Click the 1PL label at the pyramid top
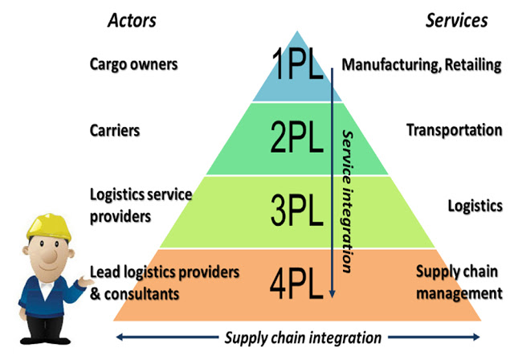click(x=298, y=64)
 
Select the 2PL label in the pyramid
click(x=296, y=137)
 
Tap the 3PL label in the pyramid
click(x=296, y=210)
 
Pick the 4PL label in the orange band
click(x=296, y=284)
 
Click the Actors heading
click(x=132, y=20)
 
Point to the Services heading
click(x=457, y=20)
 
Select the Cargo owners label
click(x=134, y=64)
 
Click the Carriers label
click(x=115, y=130)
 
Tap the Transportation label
click(x=455, y=130)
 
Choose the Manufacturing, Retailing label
click(x=422, y=65)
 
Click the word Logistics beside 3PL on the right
click(x=475, y=207)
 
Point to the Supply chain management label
click(x=459, y=282)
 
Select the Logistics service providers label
click(x=141, y=206)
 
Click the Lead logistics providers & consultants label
click(x=165, y=283)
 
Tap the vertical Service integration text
click(x=348, y=202)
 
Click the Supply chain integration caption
click(x=303, y=337)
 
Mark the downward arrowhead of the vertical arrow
click(x=332, y=294)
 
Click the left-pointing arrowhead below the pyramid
click(x=120, y=337)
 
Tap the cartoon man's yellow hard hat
click(x=49, y=227)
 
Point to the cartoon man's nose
click(x=50, y=255)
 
